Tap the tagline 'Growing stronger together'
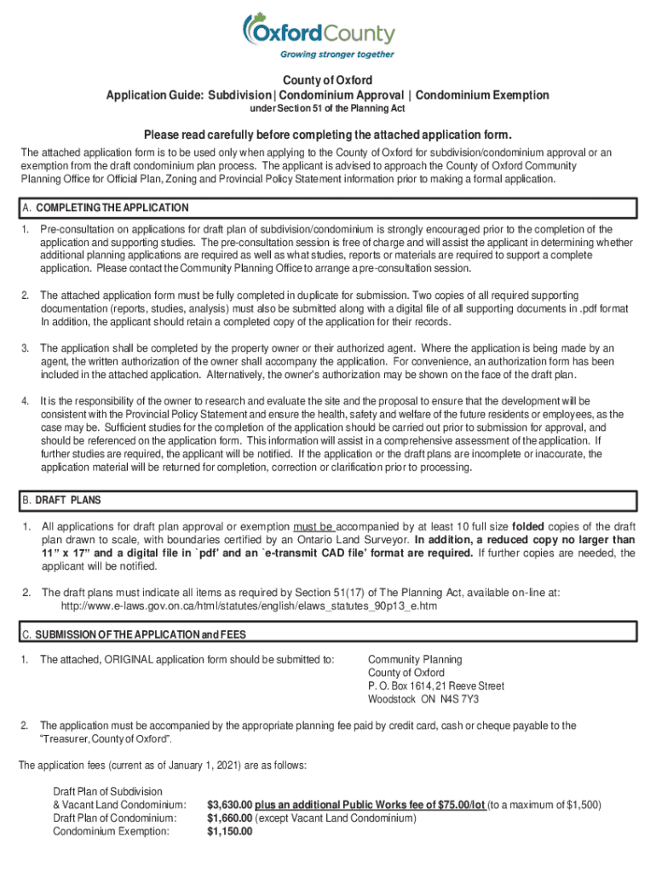(337, 54)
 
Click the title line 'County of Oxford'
(327, 81)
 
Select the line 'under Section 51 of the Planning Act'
(327, 108)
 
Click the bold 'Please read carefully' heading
(327, 135)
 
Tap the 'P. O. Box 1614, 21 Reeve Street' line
(435, 686)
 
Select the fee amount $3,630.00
(230, 805)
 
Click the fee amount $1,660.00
(230, 818)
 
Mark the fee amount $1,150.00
(230, 832)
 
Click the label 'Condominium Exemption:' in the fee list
(111, 832)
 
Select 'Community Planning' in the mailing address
(415, 659)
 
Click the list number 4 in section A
(26, 401)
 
